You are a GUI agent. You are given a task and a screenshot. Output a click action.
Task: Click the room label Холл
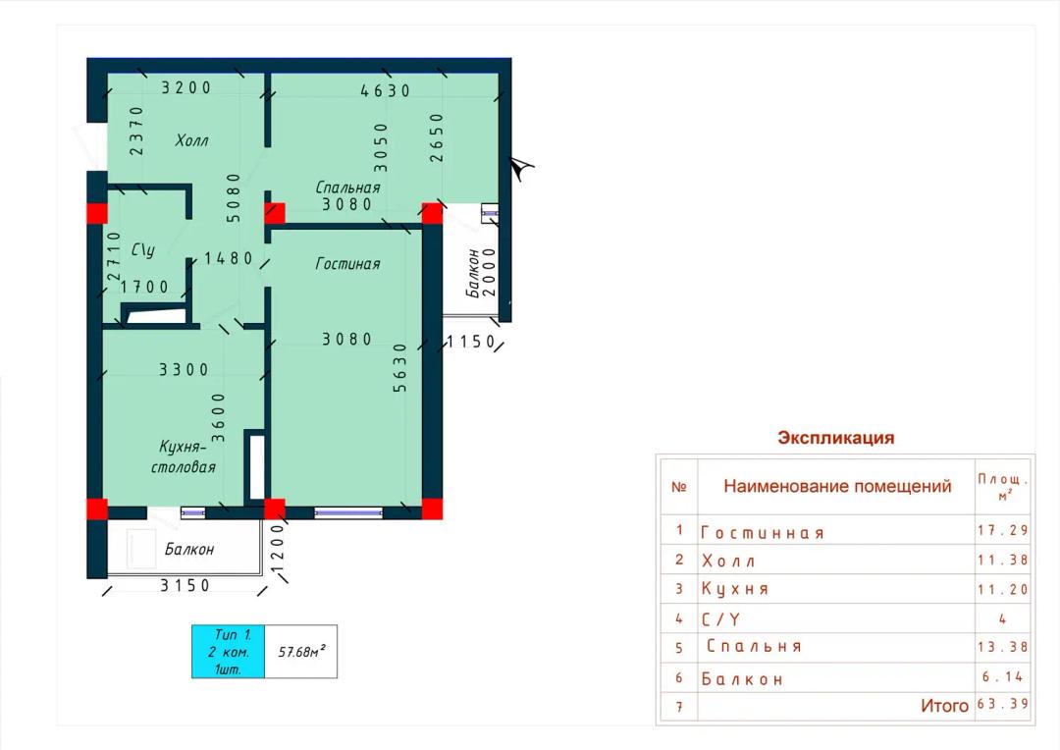pos(191,140)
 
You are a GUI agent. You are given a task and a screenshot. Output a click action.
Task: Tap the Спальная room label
pos(347,187)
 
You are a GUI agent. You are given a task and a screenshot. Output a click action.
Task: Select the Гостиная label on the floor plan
pos(347,263)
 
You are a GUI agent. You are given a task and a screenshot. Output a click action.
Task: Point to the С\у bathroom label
pos(142,249)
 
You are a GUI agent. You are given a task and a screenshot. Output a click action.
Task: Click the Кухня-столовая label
pos(184,456)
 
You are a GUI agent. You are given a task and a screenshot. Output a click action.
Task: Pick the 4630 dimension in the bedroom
pos(385,90)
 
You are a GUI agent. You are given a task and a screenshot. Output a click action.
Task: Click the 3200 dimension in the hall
pos(185,87)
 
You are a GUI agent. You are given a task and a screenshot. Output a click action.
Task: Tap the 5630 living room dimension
pos(399,367)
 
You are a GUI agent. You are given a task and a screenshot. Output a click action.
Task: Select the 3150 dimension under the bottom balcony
pos(185,585)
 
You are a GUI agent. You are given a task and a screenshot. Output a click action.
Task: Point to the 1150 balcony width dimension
pos(470,342)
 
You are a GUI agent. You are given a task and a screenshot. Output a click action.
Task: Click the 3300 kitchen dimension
pos(184,369)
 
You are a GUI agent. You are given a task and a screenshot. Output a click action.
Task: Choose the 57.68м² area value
pos(301,652)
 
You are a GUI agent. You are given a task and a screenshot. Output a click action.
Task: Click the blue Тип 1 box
pos(228,651)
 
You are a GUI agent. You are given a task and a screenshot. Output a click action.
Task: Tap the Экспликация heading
pos(835,438)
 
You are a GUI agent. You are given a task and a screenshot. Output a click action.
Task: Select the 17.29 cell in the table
pos(1002,530)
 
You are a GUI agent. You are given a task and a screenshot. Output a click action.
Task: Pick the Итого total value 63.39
pos(1002,704)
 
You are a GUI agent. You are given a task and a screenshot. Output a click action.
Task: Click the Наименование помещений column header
pos(837,486)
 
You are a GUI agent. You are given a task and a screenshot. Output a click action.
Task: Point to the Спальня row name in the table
pos(754,647)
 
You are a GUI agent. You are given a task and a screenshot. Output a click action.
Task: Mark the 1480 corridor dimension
pos(229,257)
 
